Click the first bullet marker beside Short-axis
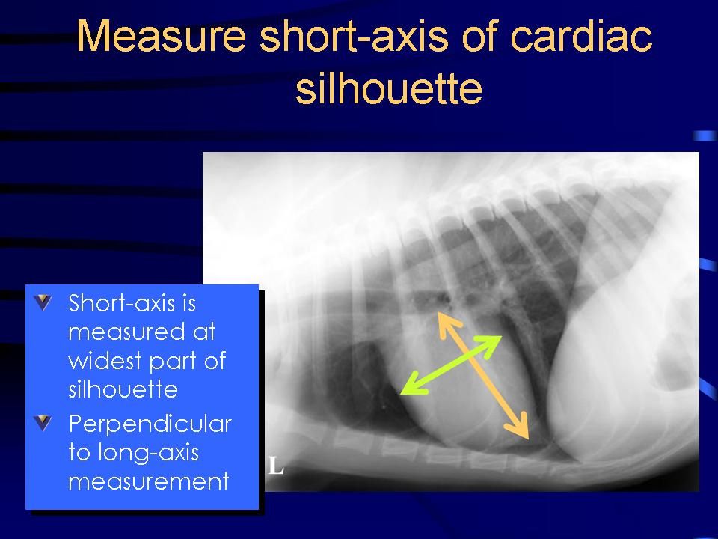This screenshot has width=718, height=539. pos(44,303)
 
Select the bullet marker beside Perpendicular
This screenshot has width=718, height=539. pos(44,424)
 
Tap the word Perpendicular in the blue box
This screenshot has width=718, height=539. pos(150,424)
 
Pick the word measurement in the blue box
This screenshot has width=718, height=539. pos(148,481)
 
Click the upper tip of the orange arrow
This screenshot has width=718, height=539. pos(439,314)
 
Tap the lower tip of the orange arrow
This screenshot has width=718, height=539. pos(528,437)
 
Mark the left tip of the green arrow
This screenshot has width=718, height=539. pos(402,392)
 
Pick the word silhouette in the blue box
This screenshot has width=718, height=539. pos(122,389)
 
